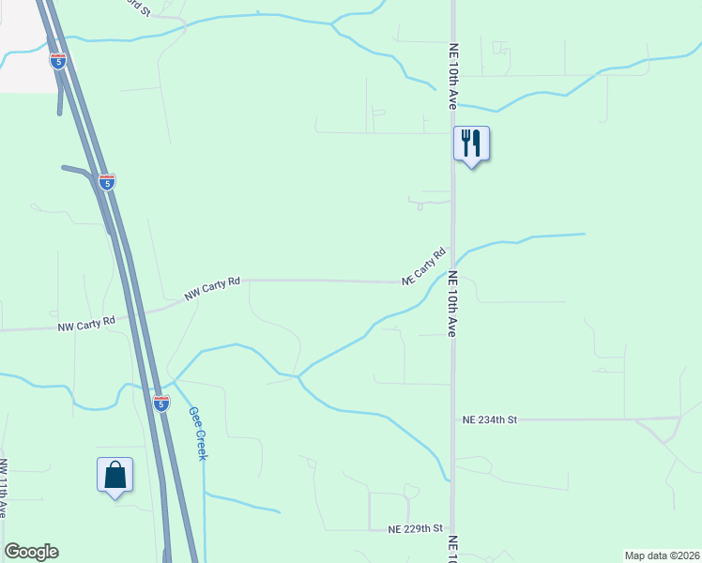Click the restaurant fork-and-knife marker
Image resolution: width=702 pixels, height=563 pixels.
coord(471,144)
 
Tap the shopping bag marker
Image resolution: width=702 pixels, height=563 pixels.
coord(114,475)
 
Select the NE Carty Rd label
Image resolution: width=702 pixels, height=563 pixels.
coord(424,266)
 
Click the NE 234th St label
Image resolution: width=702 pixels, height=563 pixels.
coord(490,420)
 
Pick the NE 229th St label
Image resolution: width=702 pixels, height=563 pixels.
coord(415,529)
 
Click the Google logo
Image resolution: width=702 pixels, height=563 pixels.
coord(31,552)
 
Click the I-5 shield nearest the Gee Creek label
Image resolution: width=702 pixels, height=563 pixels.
coord(161,403)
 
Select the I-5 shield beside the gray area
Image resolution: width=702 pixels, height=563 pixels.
coord(58,61)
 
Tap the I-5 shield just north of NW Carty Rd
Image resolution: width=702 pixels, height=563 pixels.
coord(107,181)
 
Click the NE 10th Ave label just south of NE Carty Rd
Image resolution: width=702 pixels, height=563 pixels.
coord(451,304)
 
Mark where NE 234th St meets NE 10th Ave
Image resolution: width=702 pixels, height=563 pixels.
coord(452,419)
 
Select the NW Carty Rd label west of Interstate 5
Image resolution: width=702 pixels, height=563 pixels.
coord(85,325)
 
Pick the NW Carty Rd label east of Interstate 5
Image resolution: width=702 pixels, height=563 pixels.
coord(213,287)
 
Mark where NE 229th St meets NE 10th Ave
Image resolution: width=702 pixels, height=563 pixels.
coord(452,529)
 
